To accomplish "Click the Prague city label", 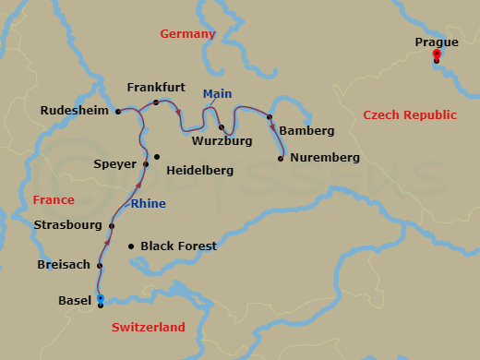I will tap(437, 42).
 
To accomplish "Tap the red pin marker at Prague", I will tap(437, 54).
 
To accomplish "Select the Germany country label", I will tap(187, 34).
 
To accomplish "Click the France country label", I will tap(54, 199).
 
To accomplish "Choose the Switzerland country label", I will tap(149, 327).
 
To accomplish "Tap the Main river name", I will tap(218, 92).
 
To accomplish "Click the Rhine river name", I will tap(149, 203).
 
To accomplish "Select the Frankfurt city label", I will tap(156, 87).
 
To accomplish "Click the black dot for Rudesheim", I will tap(118, 112).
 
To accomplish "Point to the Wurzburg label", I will tap(222, 142).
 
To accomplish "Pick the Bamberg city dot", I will tap(270, 117).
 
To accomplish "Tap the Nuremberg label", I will tap(324, 158).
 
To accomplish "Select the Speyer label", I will tap(114, 164).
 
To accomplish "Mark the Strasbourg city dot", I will tap(112, 226).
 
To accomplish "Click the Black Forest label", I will tap(178, 246).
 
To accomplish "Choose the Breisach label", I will tap(64, 265).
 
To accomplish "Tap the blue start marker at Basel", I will tap(100, 298).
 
